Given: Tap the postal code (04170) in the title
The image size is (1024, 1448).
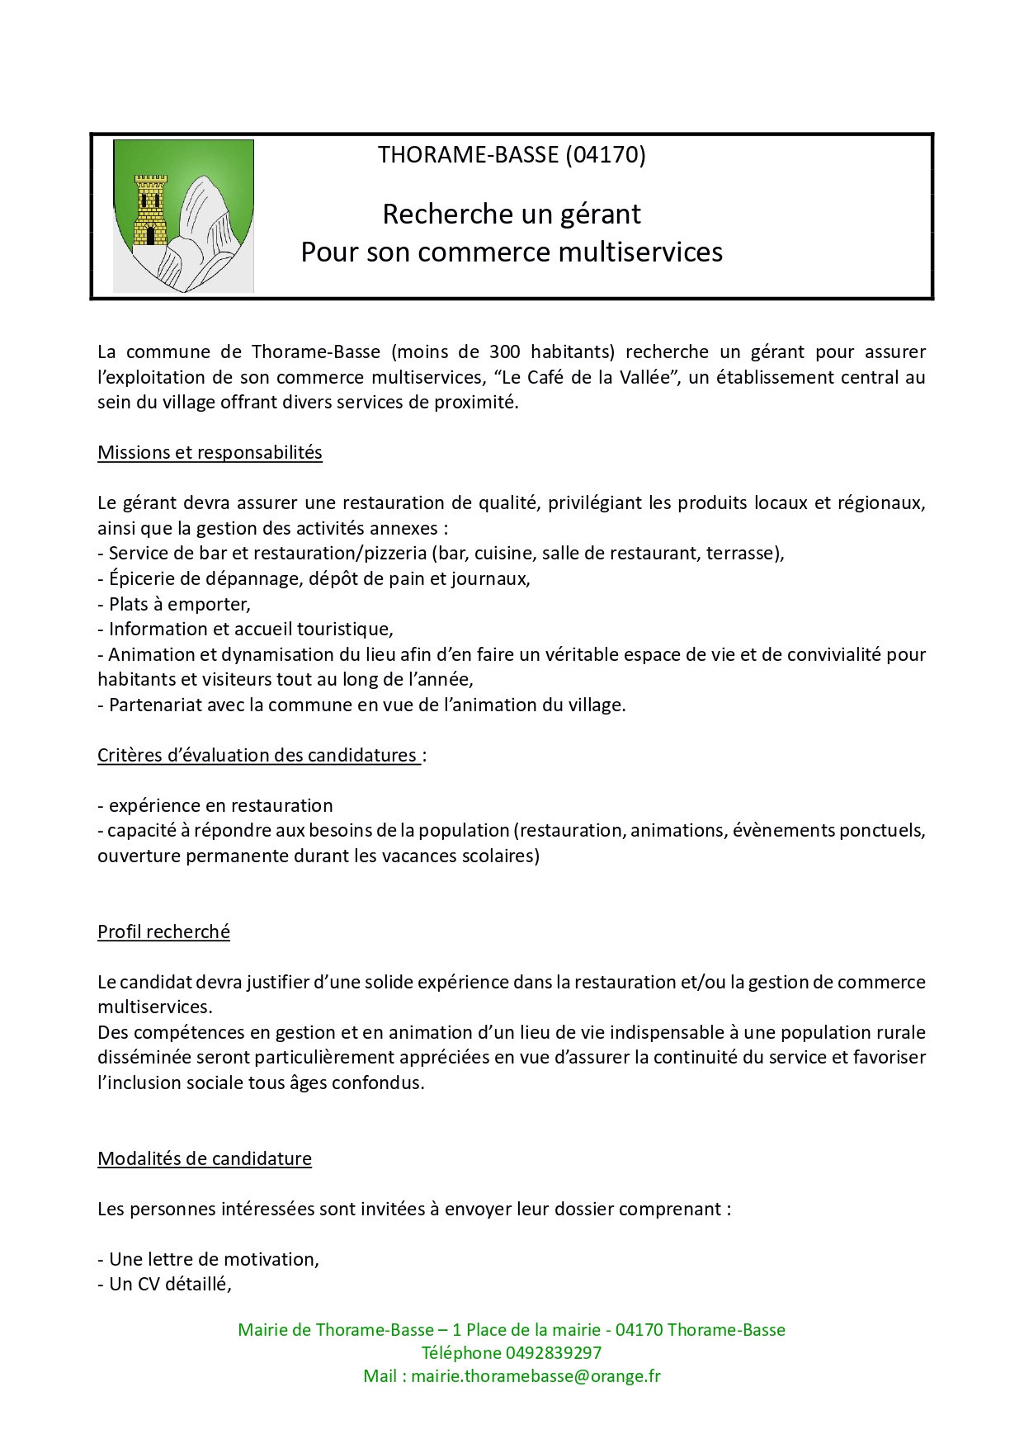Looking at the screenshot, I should tap(606, 154).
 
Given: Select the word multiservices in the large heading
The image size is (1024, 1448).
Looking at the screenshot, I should tap(640, 252).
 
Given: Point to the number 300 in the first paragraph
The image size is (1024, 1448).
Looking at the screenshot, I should tap(504, 352).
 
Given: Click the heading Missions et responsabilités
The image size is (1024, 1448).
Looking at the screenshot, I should tap(210, 453).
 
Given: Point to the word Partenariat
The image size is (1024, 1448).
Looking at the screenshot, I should tap(153, 705).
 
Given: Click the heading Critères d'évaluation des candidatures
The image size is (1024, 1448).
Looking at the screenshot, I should tap(257, 756).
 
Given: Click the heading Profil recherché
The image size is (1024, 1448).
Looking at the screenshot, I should tap(163, 932).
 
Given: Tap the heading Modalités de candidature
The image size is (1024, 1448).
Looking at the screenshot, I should tap(205, 1159).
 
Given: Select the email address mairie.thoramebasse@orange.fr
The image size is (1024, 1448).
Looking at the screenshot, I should tap(536, 1376).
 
